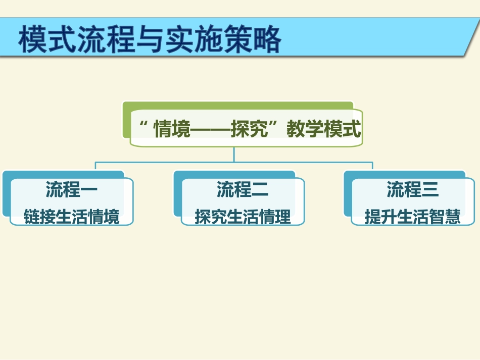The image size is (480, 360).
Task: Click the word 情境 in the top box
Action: tap(172, 130)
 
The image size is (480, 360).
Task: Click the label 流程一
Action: tap(71, 190)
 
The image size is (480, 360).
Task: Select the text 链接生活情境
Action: tap(71, 217)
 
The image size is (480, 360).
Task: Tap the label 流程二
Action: tap(243, 190)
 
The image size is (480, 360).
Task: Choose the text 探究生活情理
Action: tap(243, 217)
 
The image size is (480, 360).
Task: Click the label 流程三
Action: tap(413, 190)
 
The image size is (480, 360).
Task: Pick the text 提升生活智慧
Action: tap(413, 217)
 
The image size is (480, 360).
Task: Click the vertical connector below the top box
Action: tap(234, 155)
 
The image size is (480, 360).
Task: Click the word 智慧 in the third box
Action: tap(445, 217)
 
